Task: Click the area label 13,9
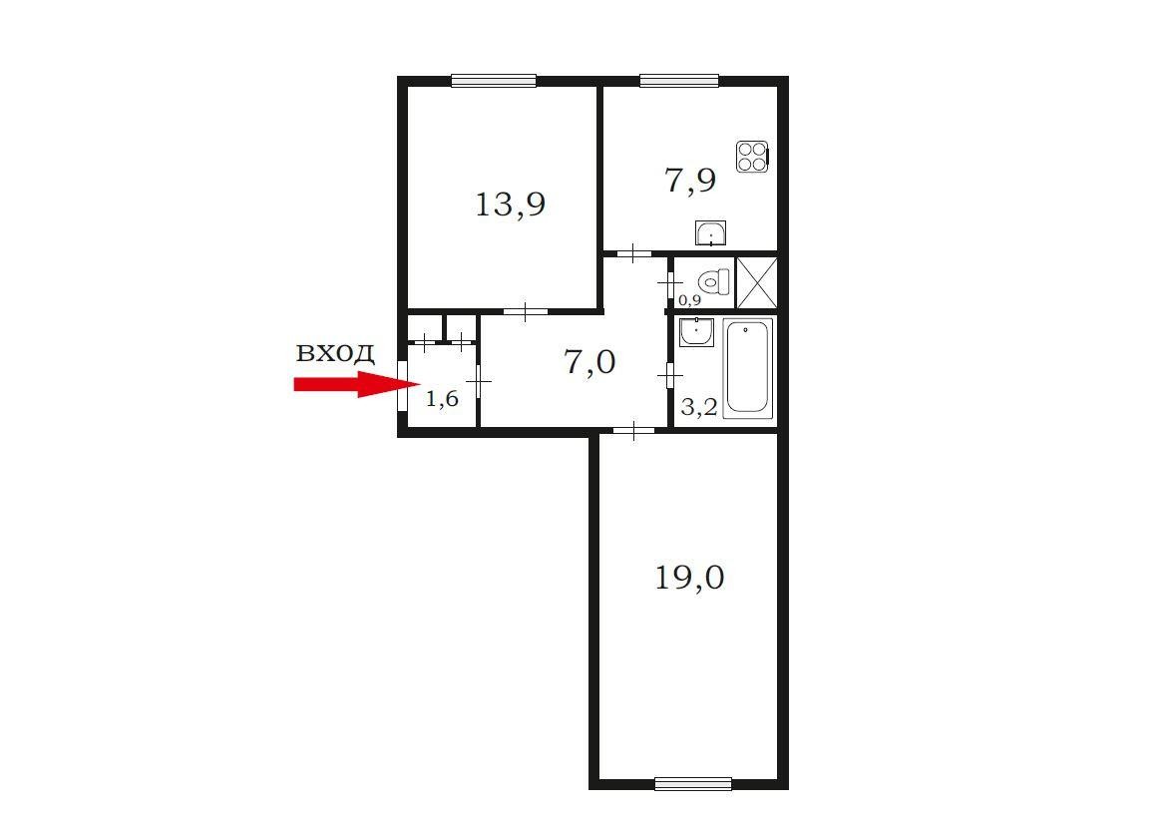510,205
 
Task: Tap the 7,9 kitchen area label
690,181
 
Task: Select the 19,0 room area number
689,578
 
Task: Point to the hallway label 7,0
589,363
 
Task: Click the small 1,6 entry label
441,399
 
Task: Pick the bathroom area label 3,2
699,407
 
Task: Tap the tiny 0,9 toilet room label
690,300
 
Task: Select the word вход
335,352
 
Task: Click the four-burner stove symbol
752,157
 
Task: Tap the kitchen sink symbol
711,233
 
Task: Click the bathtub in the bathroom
749,367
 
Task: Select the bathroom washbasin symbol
696,332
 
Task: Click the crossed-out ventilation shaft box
756,282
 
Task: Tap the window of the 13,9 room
494,81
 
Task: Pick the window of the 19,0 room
693,783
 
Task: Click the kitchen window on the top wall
679,81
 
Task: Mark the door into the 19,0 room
633,430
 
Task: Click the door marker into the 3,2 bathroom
670,377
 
